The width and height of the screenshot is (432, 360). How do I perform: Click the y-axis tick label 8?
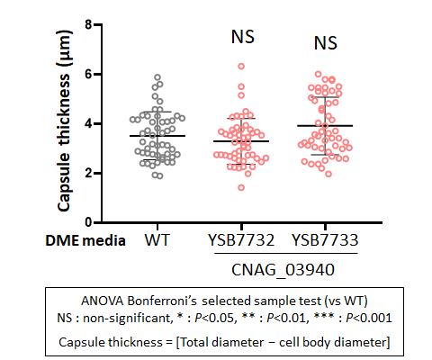coord(88,24)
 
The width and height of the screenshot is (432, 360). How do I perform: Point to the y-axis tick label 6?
coord(88,74)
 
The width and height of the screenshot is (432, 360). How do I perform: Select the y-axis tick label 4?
coord(88,123)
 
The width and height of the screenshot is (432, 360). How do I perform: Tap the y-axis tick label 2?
coord(88,173)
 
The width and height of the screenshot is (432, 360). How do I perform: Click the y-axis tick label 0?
coord(88,222)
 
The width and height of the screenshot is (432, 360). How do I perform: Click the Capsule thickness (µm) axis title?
coord(64,121)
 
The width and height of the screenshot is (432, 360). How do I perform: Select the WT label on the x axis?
coord(157,240)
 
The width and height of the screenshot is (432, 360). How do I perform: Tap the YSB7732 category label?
coord(241,240)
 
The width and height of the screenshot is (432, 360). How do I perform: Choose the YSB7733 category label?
coord(325,240)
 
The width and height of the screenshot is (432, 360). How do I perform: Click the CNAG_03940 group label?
coord(283,269)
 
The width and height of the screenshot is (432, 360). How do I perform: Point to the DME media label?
coord(85,240)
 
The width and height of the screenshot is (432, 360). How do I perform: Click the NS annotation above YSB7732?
coord(243,37)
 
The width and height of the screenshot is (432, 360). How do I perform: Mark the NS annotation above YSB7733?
coord(326,43)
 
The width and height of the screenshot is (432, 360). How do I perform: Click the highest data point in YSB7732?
coord(241,67)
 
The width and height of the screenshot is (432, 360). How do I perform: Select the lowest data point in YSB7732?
coord(241,187)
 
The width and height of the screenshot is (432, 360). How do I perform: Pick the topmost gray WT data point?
coord(157,77)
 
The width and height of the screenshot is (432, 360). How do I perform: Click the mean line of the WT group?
coord(157,136)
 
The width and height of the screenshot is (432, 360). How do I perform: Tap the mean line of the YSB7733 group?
coord(325,126)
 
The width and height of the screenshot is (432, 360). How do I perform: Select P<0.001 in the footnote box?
coord(369,318)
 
